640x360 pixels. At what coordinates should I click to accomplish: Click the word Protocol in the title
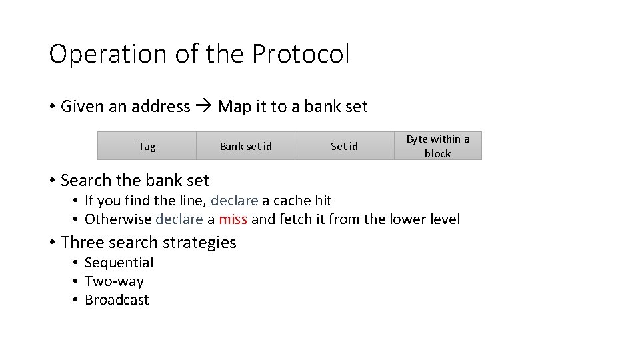[300, 55]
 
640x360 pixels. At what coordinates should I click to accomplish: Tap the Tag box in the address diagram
[147, 146]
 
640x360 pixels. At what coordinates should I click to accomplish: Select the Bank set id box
[245, 146]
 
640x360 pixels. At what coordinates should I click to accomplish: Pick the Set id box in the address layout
[344, 146]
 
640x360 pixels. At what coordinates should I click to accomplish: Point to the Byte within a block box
[437, 146]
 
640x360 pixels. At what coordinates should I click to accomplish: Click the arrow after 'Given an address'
[204, 107]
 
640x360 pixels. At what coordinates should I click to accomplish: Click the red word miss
[233, 219]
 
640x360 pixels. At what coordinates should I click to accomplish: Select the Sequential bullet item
[119, 263]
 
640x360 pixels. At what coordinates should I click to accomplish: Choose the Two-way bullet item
[114, 281]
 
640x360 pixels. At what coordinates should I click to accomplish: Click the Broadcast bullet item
[117, 300]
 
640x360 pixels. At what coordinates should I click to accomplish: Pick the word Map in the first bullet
[233, 107]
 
